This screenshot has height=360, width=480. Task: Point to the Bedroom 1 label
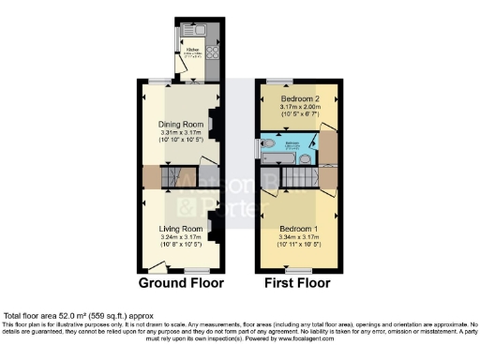pyautogui.click(x=297, y=229)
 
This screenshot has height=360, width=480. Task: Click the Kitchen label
pyautogui.click(x=192, y=49)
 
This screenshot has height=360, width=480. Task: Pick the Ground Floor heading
pyautogui.click(x=181, y=281)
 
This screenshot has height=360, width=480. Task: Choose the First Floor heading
pyautogui.click(x=297, y=281)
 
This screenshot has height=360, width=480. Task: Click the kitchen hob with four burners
pyautogui.click(x=211, y=52)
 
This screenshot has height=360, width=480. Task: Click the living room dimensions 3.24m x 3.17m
pyautogui.click(x=181, y=238)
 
